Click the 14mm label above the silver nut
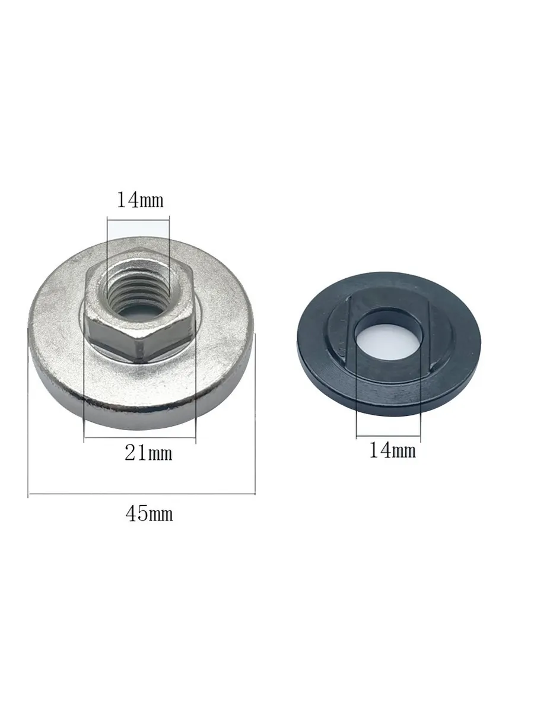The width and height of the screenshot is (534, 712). [140, 200]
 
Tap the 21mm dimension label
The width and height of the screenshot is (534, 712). [148, 453]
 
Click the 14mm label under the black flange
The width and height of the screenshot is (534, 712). [393, 450]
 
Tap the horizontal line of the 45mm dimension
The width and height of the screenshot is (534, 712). [142, 494]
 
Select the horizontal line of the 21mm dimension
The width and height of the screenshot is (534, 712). [140, 437]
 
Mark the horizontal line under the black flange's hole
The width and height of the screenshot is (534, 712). [389, 436]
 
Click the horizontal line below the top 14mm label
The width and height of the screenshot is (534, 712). [138, 221]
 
